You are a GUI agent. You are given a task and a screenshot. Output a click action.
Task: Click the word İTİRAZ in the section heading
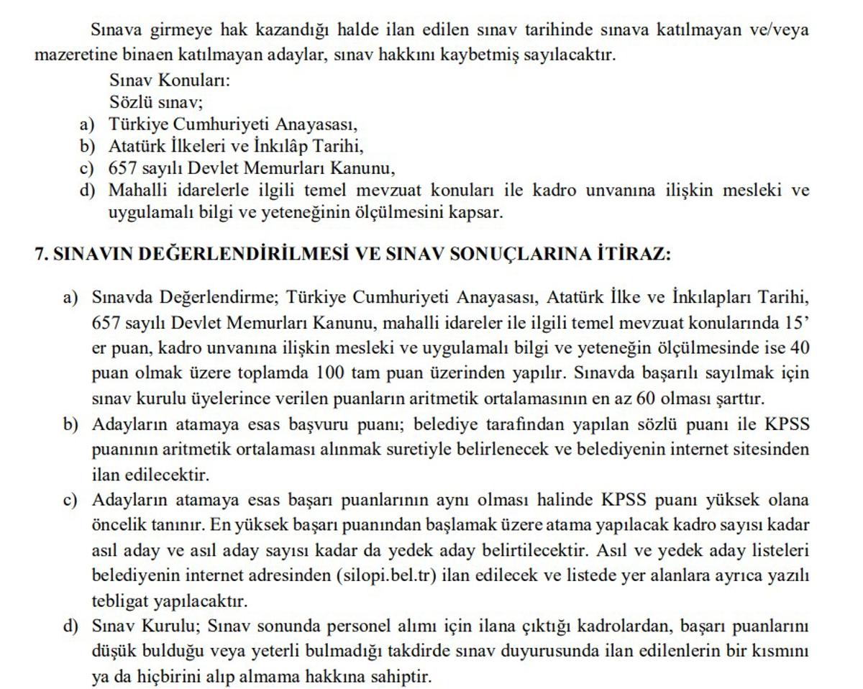632,255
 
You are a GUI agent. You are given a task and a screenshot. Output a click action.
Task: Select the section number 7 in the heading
40,255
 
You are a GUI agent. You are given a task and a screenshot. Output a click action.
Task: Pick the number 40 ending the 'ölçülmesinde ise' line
799,348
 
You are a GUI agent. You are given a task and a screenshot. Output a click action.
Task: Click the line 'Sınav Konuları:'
170,80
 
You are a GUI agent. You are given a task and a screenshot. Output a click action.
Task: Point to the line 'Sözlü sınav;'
156,101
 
